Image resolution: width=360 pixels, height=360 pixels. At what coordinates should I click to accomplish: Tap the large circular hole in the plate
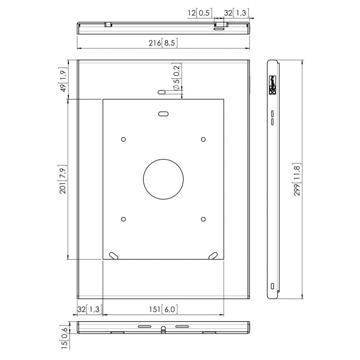[163, 179]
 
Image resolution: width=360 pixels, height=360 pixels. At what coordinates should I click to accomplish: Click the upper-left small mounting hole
[123, 139]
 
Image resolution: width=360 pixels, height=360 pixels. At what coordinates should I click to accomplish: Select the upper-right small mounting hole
[203, 139]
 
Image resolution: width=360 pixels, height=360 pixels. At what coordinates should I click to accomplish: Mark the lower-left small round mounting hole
[123, 219]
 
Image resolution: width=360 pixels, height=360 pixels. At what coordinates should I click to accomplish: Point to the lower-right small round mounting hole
[203, 219]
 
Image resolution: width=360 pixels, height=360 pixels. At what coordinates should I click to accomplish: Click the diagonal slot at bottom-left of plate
[114, 255]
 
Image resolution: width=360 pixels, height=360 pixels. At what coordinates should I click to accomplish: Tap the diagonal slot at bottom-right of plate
[213, 255]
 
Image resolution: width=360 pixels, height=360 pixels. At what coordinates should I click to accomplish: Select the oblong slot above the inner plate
[161, 92]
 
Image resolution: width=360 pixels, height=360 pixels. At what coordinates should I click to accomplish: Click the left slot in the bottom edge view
[144, 327]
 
